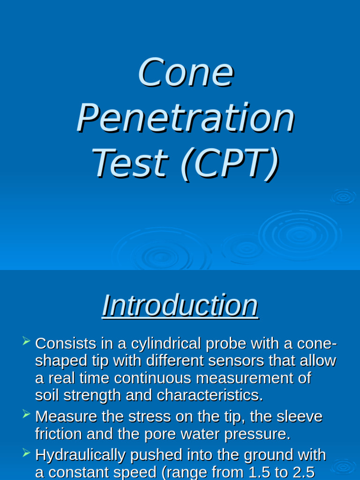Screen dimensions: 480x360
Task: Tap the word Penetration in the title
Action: coord(186,118)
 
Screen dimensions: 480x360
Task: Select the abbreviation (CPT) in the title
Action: coord(230,163)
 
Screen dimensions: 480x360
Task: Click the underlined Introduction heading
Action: coord(180,306)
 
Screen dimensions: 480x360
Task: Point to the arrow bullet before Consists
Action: coord(26,341)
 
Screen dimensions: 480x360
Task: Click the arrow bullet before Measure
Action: coord(26,414)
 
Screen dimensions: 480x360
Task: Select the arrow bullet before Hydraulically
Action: coord(26,452)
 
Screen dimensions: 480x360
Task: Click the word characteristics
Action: coord(210,396)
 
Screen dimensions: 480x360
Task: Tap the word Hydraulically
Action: coord(81,455)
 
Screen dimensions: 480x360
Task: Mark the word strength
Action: coord(91,396)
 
